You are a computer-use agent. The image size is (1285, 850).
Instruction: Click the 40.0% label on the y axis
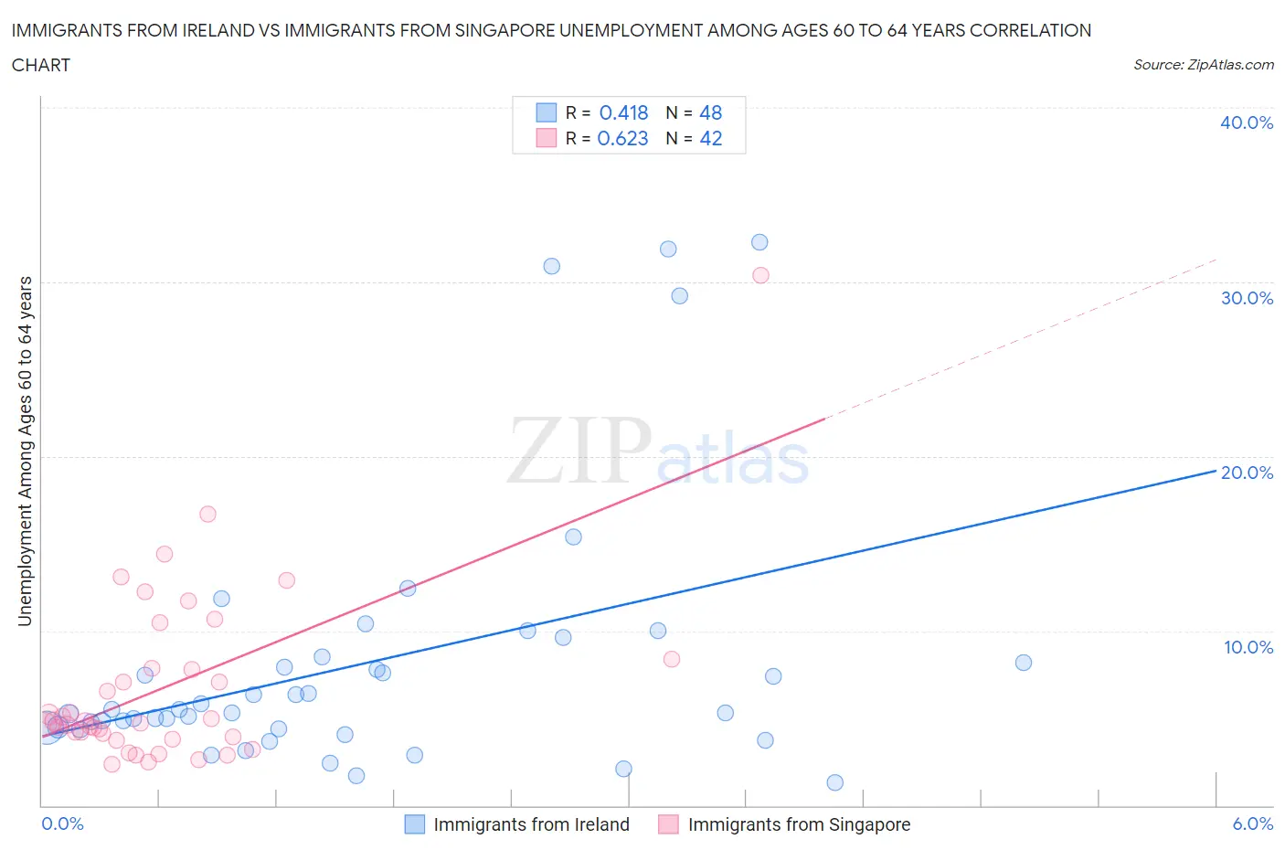[x=1247, y=122]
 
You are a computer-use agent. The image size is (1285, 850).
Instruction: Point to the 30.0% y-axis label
[x=1247, y=298]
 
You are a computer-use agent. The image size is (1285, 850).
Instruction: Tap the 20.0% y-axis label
[x=1247, y=473]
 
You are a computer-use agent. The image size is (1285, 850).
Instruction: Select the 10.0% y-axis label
[x=1248, y=647]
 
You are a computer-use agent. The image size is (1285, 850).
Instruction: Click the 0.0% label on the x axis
[x=62, y=823]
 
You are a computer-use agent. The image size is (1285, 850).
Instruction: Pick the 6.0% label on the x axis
[x=1252, y=823]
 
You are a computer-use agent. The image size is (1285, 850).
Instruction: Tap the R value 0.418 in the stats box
[x=623, y=112]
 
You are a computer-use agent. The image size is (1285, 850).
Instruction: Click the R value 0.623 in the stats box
[x=622, y=138]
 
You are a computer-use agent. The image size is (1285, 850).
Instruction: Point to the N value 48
[x=710, y=112]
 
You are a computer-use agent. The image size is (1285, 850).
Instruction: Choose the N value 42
[x=710, y=138]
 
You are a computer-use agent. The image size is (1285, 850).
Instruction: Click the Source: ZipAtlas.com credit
[x=1203, y=64]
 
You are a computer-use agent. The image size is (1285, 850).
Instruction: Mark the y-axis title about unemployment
[x=25, y=451]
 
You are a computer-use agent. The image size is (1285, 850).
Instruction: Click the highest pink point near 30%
[x=760, y=275]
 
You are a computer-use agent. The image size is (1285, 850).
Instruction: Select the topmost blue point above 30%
[x=759, y=242]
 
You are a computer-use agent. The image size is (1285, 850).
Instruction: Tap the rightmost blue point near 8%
[x=1024, y=663]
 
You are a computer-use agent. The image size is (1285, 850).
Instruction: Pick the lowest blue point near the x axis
[x=834, y=782]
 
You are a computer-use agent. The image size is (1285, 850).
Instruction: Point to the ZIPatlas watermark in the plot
[x=658, y=452]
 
